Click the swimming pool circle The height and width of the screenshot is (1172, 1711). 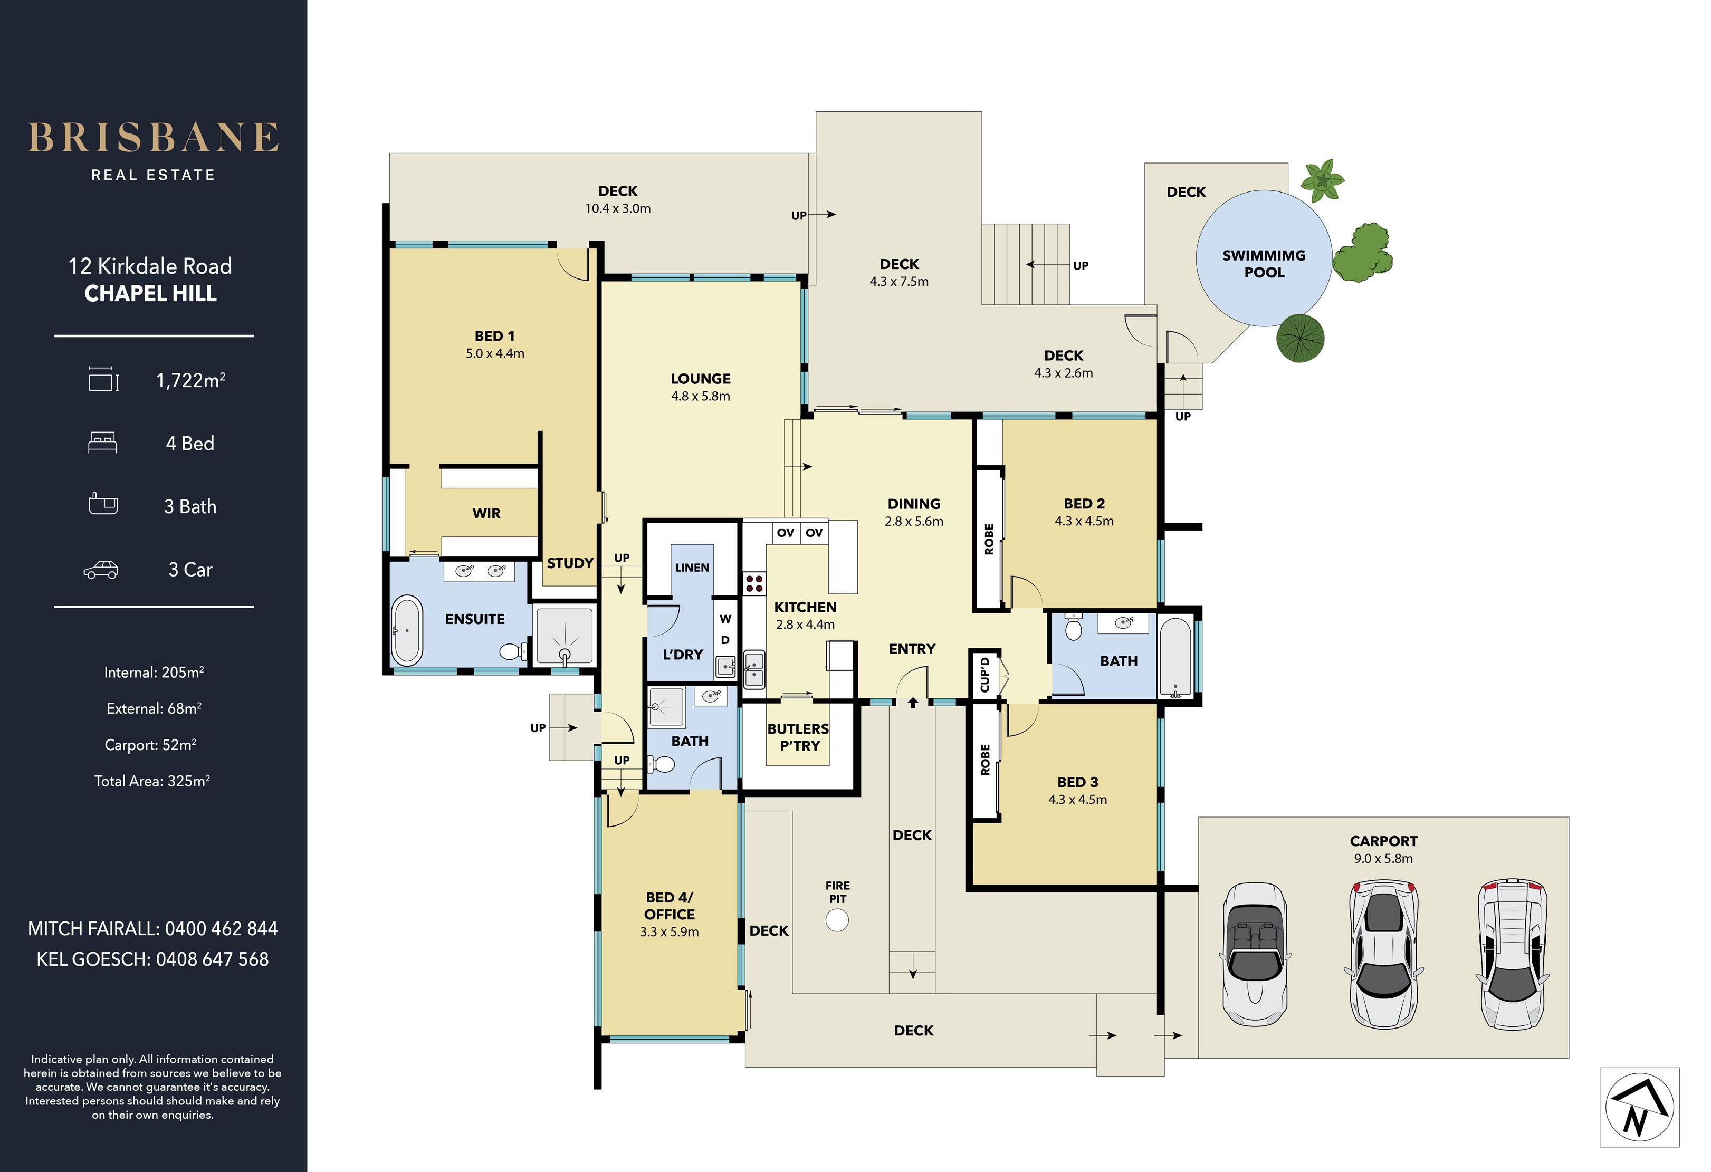[1264, 258]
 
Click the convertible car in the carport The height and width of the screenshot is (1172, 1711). [1255, 955]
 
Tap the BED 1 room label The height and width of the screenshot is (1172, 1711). [495, 335]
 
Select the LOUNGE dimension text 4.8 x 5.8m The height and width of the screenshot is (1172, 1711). [700, 396]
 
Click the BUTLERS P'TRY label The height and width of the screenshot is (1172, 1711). [798, 737]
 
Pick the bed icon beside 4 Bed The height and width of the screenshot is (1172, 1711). [102, 443]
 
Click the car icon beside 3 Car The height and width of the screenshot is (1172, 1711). [101, 570]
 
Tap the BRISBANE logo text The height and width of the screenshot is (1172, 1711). [153, 138]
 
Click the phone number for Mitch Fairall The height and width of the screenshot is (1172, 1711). [221, 929]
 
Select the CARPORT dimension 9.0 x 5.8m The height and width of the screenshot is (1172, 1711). [1383, 858]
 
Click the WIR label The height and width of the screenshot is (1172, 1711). [486, 513]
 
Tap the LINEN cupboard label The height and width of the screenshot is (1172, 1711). [692, 568]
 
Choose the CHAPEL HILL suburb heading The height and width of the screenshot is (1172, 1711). [150, 294]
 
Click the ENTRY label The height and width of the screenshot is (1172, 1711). [912, 649]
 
